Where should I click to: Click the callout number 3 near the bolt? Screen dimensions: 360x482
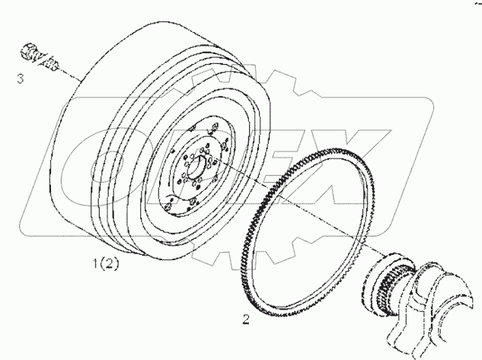[x=21, y=78]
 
